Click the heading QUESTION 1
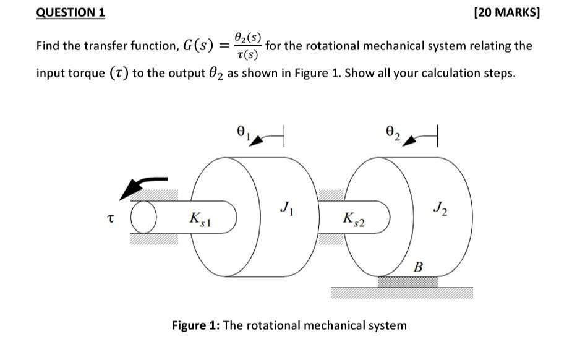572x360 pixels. [70, 12]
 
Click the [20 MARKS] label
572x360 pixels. [506, 12]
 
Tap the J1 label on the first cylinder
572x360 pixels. [287, 208]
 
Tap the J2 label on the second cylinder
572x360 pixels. [441, 208]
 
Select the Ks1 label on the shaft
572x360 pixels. [200, 220]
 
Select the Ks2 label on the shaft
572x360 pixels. [354, 220]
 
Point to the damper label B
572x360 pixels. [419, 267]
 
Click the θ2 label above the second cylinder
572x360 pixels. [393, 132]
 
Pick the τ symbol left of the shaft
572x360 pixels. [111, 218]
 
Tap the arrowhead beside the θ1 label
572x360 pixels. [256, 141]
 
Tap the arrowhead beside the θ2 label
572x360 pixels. [409, 141]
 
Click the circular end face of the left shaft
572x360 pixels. [143, 217]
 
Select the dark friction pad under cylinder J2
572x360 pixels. [408, 282]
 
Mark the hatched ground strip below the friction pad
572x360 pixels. [402, 293]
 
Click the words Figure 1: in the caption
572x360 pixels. [195, 325]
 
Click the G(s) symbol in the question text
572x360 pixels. [198, 46]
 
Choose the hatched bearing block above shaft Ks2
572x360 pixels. [331, 195]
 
